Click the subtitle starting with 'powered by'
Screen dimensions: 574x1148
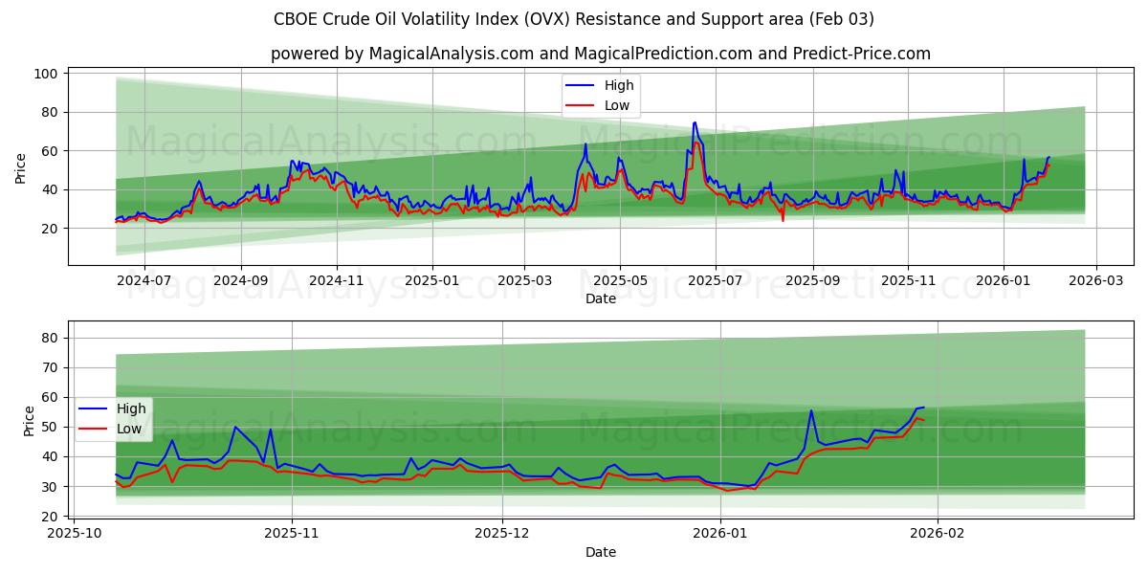coord(600,54)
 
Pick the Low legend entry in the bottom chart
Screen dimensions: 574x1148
coord(129,429)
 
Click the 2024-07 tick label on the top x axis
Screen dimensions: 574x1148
coord(143,282)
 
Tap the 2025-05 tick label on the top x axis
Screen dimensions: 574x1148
coord(620,282)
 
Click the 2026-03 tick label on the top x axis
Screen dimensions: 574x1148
coord(1095,282)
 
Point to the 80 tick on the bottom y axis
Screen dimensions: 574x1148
coord(49,338)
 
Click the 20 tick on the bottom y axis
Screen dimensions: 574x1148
coord(49,517)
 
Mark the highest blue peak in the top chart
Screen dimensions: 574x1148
coord(695,122)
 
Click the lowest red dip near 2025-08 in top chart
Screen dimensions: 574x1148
coord(783,221)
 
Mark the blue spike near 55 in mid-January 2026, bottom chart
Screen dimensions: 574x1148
coord(811,411)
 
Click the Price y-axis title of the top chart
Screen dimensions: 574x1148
coord(21,167)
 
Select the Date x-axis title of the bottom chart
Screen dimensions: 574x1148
coord(600,552)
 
